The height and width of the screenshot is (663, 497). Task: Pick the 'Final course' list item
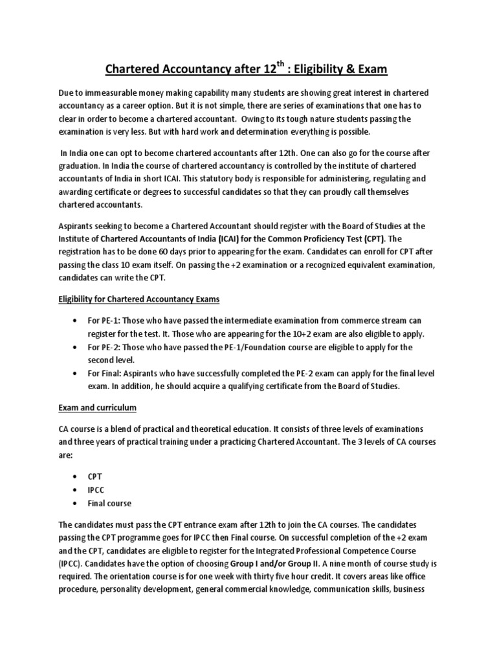coord(110,503)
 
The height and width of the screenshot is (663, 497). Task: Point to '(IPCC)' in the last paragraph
coord(71,563)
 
